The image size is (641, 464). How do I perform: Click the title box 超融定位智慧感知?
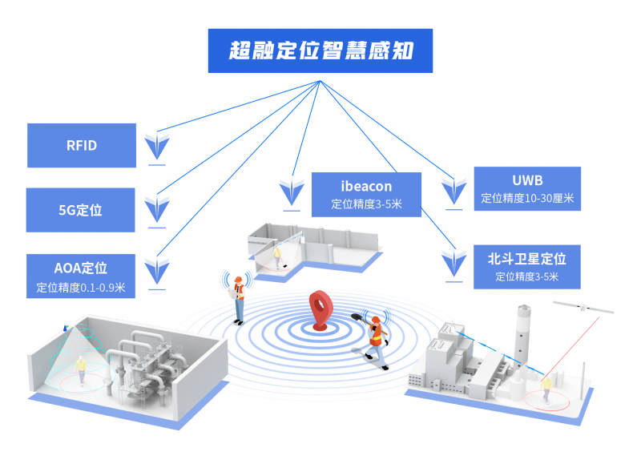tap(320, 52)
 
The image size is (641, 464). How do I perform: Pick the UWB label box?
tap(526, 188)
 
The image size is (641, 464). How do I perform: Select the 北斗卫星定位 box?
tap(526, 266)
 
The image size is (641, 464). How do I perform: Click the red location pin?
tap(321, 309)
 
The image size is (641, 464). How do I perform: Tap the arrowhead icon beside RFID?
tap(157, 146)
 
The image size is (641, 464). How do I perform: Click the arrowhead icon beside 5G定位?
tap(157, 211)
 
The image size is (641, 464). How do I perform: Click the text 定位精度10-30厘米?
tap(526, 198)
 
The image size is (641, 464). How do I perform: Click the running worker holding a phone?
tap(373, 337)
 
